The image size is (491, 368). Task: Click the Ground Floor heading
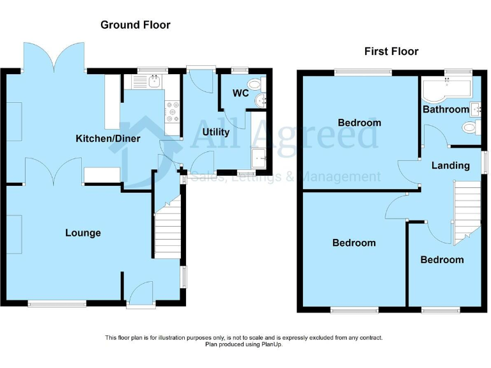136,25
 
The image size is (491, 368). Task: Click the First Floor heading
391,51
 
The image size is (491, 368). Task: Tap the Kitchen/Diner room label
108,139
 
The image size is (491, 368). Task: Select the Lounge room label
83,233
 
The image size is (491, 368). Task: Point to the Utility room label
215,132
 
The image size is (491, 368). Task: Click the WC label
240,93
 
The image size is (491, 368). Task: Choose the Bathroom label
446,109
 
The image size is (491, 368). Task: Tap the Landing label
451,165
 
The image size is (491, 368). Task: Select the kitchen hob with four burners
172,112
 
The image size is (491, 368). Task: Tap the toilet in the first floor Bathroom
471,128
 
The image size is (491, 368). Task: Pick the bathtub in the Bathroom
446,89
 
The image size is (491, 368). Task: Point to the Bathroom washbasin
474,108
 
